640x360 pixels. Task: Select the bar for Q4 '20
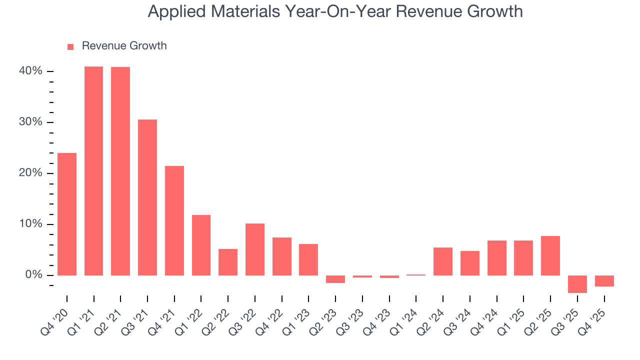[67, 214]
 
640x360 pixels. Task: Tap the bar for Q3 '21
[147, 197]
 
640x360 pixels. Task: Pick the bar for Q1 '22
[201, 245]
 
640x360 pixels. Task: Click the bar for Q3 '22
[255, 249]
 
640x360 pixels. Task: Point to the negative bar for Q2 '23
[335, 279]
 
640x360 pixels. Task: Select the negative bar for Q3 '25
[577, 284]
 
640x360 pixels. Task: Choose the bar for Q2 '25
[550, 255]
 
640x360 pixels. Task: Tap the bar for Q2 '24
[443, 261]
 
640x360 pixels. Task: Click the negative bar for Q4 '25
[604, 281]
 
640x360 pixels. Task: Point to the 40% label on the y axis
[30, 71]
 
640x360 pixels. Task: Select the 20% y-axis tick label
[30, 173]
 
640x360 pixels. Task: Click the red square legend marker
[70, 46]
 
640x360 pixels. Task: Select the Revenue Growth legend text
[124, 46]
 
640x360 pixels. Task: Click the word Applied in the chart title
[172, 11]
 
